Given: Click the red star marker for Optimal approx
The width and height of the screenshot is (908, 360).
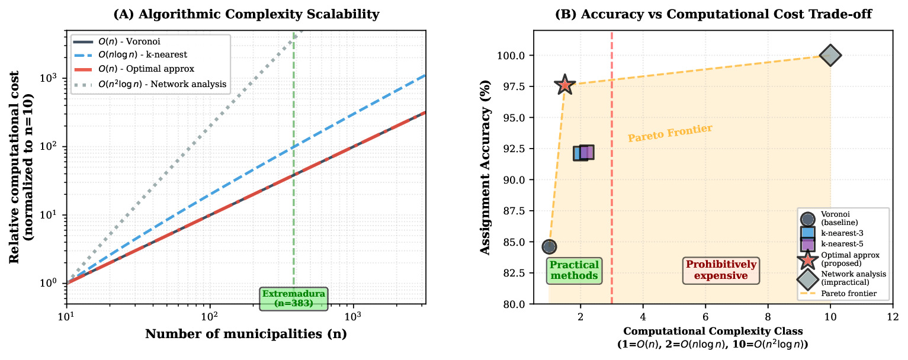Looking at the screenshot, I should (x=565, y=85).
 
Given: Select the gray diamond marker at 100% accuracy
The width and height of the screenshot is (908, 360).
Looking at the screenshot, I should (x=830, y=56).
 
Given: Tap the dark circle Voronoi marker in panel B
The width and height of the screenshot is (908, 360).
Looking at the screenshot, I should (x=549, y=246).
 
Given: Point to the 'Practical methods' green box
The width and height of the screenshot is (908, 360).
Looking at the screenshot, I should (x=573, y=271).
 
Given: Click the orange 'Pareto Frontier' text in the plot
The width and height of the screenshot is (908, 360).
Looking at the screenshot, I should (x=669, y=133).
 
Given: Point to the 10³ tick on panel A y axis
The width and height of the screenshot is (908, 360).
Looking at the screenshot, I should (x=52, y=78).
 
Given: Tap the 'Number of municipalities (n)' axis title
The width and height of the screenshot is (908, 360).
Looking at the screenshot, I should (x=246, y=334).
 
